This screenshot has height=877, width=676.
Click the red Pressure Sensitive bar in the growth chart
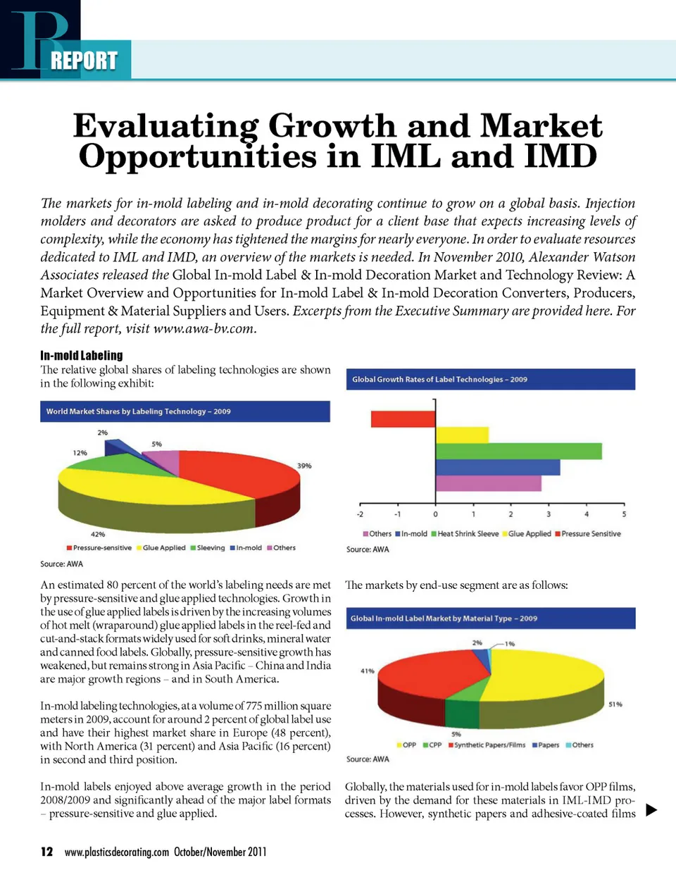click(x=403, y=418)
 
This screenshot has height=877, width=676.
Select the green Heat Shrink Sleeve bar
click(x=518, y=451)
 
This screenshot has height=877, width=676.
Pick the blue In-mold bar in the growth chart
click(x=497, y=467)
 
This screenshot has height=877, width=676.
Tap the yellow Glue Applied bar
click(x=462, y=435)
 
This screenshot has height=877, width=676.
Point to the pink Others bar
click(x=488, y=483)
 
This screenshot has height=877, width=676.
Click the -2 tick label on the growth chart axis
click(x=361, y=514)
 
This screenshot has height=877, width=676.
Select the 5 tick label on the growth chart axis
click(x=624, y=514)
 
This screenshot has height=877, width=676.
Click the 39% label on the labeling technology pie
click(x=304, y=466)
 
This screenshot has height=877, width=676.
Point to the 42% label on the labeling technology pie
click(x=98, y=534)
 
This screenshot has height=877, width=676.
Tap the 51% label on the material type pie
click(x=615, y=704)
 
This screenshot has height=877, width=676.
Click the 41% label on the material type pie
click(x=368, y=671)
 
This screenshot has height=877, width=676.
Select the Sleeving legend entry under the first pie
click(x=208, y=547)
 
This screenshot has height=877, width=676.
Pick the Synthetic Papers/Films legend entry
click(x=487, y=745)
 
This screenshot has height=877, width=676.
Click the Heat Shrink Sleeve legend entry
click(x=465, y=534)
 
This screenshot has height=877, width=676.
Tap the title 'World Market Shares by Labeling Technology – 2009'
click(x=139, y=411)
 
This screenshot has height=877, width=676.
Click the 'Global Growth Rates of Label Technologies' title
click(x=439, y=379)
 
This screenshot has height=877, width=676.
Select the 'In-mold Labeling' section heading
click(x=82, y=355)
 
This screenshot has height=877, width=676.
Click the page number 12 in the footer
click(x=46, y=852)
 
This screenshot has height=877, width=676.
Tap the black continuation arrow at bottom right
click(x=651, y=809)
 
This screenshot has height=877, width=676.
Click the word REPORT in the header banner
click(x=84, y=61)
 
